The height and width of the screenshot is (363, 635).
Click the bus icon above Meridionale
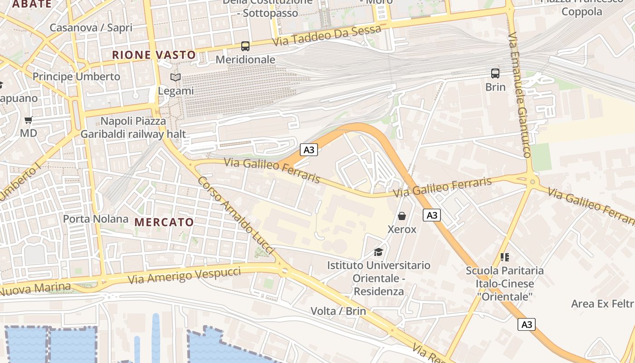(x=245, y=46)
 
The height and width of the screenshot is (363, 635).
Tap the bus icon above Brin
(x=495, y=73)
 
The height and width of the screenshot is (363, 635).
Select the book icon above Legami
(x=175, y=78)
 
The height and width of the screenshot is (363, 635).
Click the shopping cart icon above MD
(x=29, y=120)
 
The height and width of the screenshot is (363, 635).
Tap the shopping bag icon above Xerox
(x=402, y=216)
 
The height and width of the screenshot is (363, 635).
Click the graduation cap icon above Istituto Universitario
(x=378, y=252)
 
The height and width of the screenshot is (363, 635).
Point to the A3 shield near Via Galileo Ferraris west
(x=308, y=150)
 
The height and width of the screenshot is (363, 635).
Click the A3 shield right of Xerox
(x=432, y=215)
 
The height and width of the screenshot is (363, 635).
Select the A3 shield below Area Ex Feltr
(x=527, y=324)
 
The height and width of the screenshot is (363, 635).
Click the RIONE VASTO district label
(x=154, y=55)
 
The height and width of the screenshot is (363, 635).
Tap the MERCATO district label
(x=164, y=222)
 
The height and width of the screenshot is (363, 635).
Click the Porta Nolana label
(x=96, y=219)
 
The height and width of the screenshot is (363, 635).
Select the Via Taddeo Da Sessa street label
(x=327, y=36)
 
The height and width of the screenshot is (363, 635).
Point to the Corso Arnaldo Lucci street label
(x=236, y=215)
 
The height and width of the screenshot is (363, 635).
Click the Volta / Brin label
(x=338, y=311)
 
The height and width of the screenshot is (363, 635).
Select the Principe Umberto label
(x=76, y=76)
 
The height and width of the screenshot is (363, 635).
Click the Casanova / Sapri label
(x=91, y=27)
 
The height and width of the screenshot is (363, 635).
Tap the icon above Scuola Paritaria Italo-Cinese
(x=505, y=257)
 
